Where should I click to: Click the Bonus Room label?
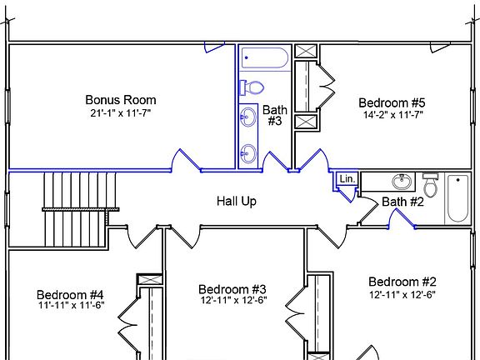pos(121,100)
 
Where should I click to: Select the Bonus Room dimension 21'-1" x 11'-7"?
pos(121,112)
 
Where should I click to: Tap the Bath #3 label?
pos(275,115)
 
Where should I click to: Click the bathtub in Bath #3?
pos(264,59)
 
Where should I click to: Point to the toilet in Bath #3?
pos(252,87)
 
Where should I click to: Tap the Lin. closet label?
pos(347,179)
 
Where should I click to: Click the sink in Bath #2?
pos(402,181)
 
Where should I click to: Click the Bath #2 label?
pos(403,202)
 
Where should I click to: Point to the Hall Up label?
pos(237,201)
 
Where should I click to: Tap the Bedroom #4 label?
pos(70,295)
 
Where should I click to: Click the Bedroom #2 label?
pos(402,282)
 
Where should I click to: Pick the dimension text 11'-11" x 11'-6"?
pos(70,307)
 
